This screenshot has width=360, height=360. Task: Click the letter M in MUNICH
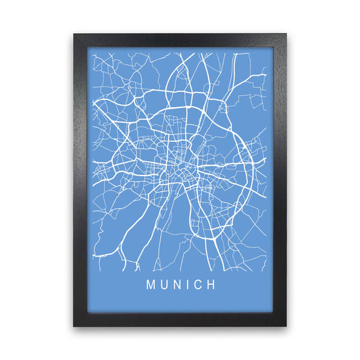(x=149, y=285)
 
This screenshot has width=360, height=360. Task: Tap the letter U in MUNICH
(x=163, y=285)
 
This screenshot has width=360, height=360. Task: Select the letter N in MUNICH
(x=177, y=285)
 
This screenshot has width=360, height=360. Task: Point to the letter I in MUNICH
(x=188, y=285)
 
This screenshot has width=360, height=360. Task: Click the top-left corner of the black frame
(x=74, y=34)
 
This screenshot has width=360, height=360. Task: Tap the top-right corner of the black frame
(x=286, y=34)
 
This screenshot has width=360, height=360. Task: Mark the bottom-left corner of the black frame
(x=74, y=326)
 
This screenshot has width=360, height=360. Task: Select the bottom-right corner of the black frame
(x=286, y=326)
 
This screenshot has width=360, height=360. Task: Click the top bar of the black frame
(x=180, y=41)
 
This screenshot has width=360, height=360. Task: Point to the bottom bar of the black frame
(x=180, y=319)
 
